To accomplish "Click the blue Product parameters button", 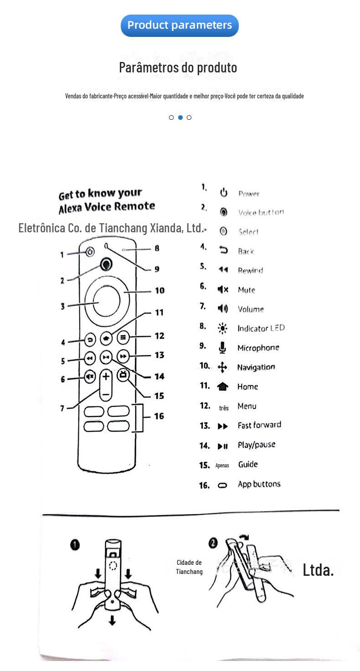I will pyautogui.click(x=180, y=25).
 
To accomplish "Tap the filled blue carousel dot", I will pyautogui.click(x=180, y=118).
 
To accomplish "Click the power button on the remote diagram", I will pyautogui.click(x=90, y=252).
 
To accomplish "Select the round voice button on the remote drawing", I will pyautogui.click(x=106, y=264).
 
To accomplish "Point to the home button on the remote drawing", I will pyautogui.click(x=106, y=338).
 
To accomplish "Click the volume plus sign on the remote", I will pyautogui.click(x=106, y=376).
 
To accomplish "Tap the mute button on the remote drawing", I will pyautogui.click(x=90, y=377).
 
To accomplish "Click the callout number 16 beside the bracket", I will pyautogui.click(x=159, y=416).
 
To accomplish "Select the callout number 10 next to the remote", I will pyautogui.click(x=159, y=291).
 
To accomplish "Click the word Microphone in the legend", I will pyautogui.click(x=258, y=348).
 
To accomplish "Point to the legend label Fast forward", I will pyautogui.click(x=259, y=425).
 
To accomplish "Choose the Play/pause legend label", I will pyautogui.click(x=256, y=445).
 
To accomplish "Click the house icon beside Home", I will pyautogui.click(x=222, y=387).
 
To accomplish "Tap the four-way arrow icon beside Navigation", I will pyautogui.click(x=222, y=367).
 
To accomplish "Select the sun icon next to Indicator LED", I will pyautogui.click(x=222, y=328).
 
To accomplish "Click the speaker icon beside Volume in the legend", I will pyautogui.click(x=222, y=309).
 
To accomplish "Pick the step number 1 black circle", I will pyautogui.click(x=75, y=545).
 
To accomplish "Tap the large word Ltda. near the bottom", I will pyautogui.click(x=318, y=569).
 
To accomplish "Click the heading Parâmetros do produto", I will pyautogui.click(x=178, y=67).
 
